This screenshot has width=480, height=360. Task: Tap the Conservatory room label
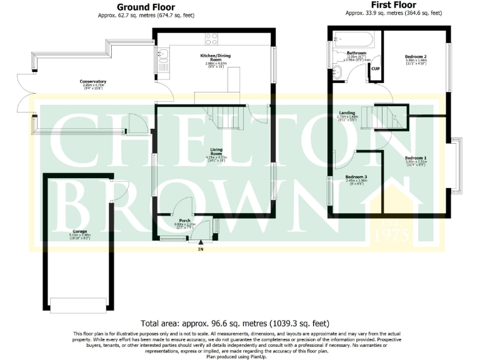(92, 81)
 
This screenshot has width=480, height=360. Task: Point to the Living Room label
(217, 150)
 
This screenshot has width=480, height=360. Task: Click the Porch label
(184, 221)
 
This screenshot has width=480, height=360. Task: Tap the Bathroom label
(357, 53)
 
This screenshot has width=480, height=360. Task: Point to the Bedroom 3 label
(356, 177)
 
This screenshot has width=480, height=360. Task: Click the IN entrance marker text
(201, 249)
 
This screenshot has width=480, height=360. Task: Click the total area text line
(235, 323)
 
